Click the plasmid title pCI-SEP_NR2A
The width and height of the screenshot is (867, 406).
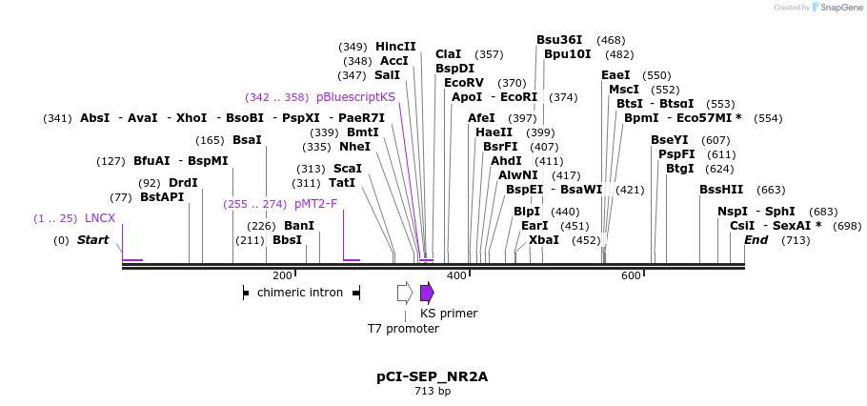(x=432, y=376)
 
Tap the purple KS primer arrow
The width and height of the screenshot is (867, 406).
(x=427, y=293)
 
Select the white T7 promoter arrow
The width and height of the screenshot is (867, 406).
(x=405, y=293)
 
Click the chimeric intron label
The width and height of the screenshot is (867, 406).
(x=300, y=293)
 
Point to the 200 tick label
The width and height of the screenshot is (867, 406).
(x=282, y=275)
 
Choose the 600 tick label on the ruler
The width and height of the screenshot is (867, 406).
(x=631, y=275)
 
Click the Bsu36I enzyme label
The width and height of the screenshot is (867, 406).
(x=560, y=40)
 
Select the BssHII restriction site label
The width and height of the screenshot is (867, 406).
(x=721, y=190)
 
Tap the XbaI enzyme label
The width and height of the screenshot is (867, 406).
(x=544, y=240)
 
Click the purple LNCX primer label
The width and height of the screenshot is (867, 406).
(x=100, y=218)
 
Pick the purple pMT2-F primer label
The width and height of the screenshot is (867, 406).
(x=315, y=204)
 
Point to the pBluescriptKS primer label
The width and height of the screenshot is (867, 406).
(x=355, y=97)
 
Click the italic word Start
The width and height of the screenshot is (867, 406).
(x=93, y=240)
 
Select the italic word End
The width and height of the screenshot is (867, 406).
(x=756, y=240)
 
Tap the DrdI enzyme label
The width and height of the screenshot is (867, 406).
(x=183, y=183)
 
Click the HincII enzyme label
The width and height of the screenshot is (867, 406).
(x=395, y=47)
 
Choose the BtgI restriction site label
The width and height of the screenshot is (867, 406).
(x=680, y=169)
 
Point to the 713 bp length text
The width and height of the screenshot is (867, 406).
(x=432, y=392)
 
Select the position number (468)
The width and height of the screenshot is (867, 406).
(x=611, y=40)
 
